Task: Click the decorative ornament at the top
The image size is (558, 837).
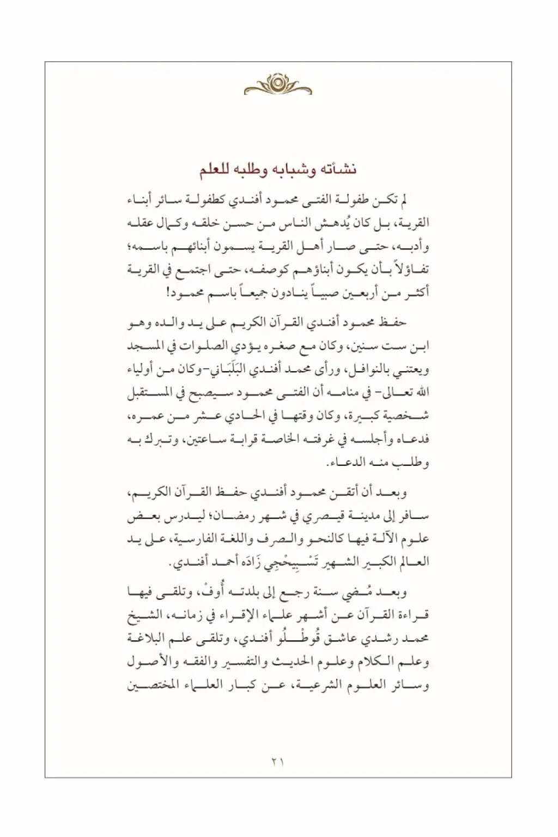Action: click(x=278, y=85)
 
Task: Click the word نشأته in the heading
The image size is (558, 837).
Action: click(x=338, y=170)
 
